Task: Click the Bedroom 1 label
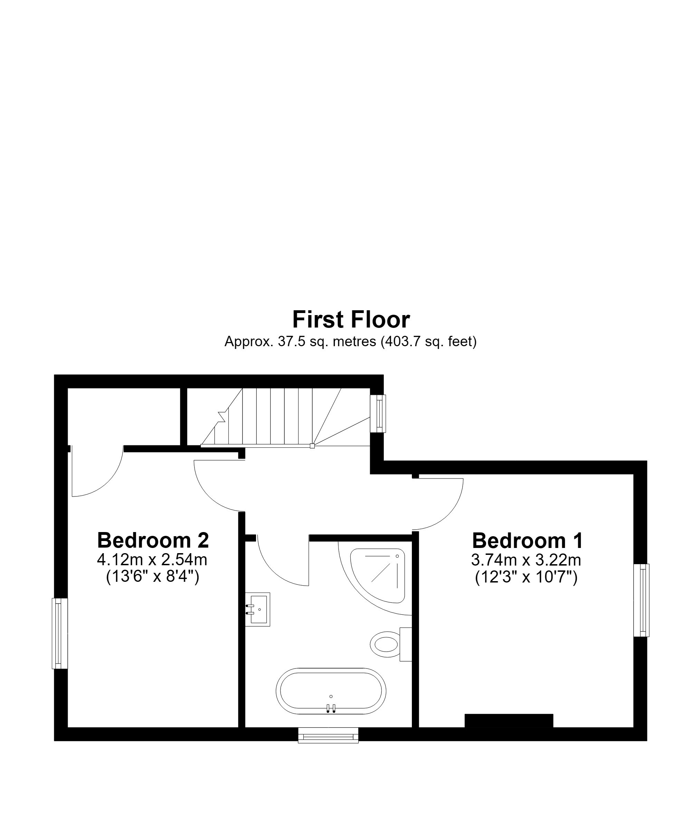click(527, 540)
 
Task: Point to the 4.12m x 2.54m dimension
click(152, 560)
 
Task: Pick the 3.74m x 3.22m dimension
click(526, 560)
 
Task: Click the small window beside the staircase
click(378, 413)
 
